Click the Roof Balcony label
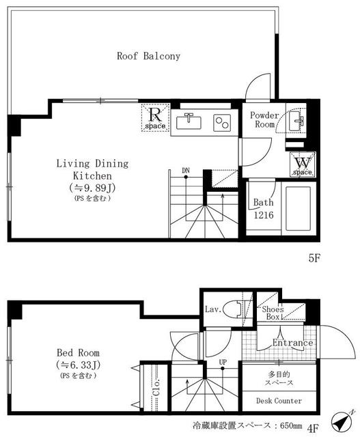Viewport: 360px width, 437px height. [x=148, y=56]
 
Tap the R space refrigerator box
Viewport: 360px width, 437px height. [x=155, y=117]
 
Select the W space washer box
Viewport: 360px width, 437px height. [x=303, y=165]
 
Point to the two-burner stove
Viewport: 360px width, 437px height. [x=222, y=123]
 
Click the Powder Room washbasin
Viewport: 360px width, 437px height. [x=296, y=121]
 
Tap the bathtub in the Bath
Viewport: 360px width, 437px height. [x=299, y=208]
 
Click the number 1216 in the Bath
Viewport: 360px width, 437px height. [x=264, y=215]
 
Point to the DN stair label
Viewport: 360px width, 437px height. [x=186, y=170]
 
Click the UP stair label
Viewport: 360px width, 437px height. [x=223, y=363]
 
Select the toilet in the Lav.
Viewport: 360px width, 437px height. [x=234, y=309]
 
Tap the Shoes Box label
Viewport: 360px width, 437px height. [x=273, y=313]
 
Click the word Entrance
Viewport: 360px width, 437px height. [x=292, y=343]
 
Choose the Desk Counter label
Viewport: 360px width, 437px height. [x=279, y=401]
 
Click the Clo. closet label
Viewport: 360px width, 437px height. [x=156, y=387]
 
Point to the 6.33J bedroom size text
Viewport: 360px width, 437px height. [x=78, y=365]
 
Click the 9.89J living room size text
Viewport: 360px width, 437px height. [x=92, y=188]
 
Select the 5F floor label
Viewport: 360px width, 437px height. [x=314, y=258]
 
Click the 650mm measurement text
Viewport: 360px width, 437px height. [x=291, y=425]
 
